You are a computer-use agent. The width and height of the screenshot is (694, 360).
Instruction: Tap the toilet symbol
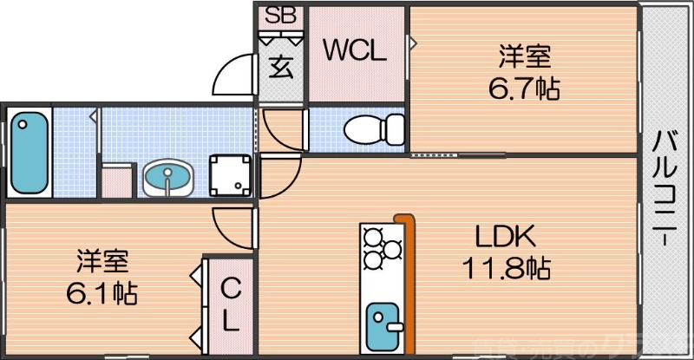[374, 131]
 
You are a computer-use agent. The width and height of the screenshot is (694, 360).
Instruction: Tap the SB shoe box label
[279, 16]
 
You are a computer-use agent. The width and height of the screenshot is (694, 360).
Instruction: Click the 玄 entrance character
[279, 66]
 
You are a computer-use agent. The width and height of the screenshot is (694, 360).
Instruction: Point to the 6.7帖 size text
[524, 88]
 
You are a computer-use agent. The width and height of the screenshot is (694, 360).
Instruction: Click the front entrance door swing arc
[236, 75]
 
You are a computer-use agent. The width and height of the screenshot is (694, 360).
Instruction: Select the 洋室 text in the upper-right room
[524, 57]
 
